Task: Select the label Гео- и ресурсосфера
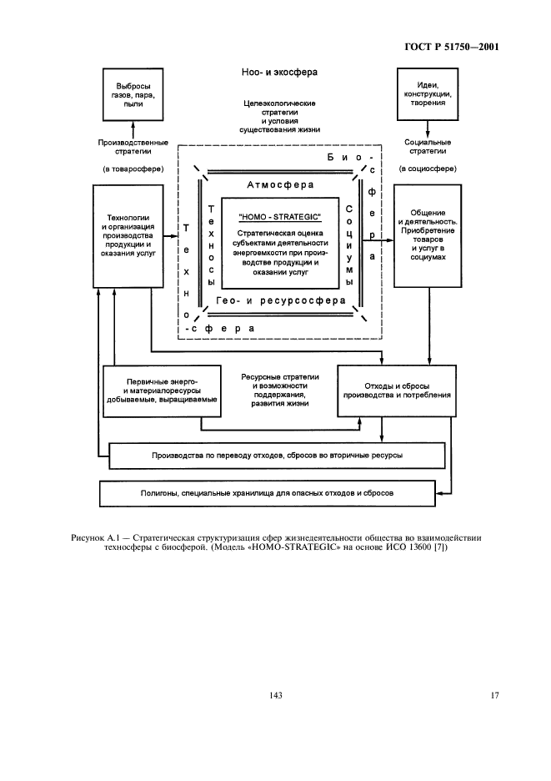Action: pyautogui.click(x=279, y=300)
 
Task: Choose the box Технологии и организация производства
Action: pyautogui.click(x=128, y=236)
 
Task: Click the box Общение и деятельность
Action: pyautogui.click(x=428, y=236)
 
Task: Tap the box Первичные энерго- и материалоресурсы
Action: pyautogui.click(x=163, y=390)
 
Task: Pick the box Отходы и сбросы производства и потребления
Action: pyautogui.click(x=397, y=390)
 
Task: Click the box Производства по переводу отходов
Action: pyautogui.click(x=278, y=456)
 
